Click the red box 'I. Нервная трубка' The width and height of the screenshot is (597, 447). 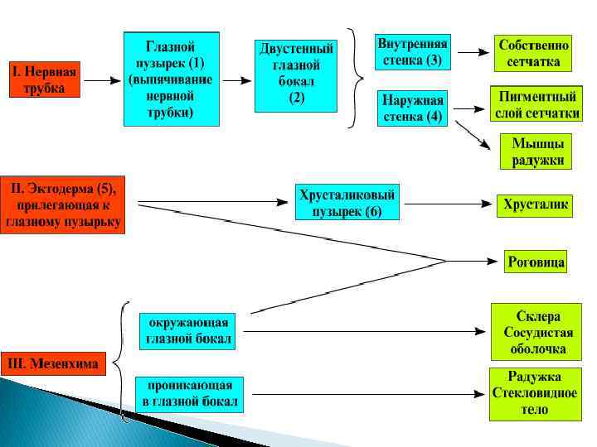pos(45,79)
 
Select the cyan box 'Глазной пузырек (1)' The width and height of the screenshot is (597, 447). pos(172,79)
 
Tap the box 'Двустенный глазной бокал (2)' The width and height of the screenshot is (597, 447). pos(297,74)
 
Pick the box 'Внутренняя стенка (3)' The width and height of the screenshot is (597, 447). pos(412,51)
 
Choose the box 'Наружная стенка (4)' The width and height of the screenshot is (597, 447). pos(412,108)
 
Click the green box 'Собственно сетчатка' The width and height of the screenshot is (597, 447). pos(533,51)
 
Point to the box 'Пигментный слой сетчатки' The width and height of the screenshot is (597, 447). pos(536,103)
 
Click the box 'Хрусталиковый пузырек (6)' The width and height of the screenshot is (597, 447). pos(347,202)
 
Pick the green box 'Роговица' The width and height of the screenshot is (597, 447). pos(536,262)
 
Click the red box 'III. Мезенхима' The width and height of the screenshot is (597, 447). pos(54,363)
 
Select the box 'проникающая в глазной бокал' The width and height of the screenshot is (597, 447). pos(190,396)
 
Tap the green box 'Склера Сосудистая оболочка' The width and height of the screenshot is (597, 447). pos(536,332)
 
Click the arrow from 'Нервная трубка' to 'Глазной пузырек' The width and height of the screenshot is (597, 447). pos(102,81)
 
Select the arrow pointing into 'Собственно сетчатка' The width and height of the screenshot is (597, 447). pos(473,52)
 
